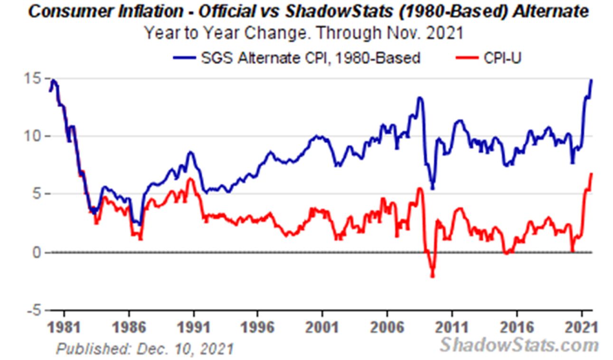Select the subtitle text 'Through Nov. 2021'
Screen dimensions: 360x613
click(x=389, y=34)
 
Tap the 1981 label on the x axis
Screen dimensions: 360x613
click(x=64, y=327)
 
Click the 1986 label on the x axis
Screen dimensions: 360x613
click(x=129, y=327)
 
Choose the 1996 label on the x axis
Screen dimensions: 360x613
click(x=257, y=327)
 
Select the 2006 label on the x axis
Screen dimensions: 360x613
click(x=387, y=327)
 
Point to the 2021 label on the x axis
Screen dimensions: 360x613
click(x=581, y=327)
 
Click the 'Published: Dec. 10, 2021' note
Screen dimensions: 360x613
click(x=145, y=349)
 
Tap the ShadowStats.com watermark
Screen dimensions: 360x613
click(x=519, y=344)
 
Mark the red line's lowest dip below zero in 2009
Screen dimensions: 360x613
click(x=432, y=276)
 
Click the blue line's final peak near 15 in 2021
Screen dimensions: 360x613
click(x=592, y=80)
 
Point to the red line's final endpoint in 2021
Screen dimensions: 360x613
click(x=592, y=174)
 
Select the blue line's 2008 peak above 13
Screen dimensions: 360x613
click(x=419, y=98)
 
